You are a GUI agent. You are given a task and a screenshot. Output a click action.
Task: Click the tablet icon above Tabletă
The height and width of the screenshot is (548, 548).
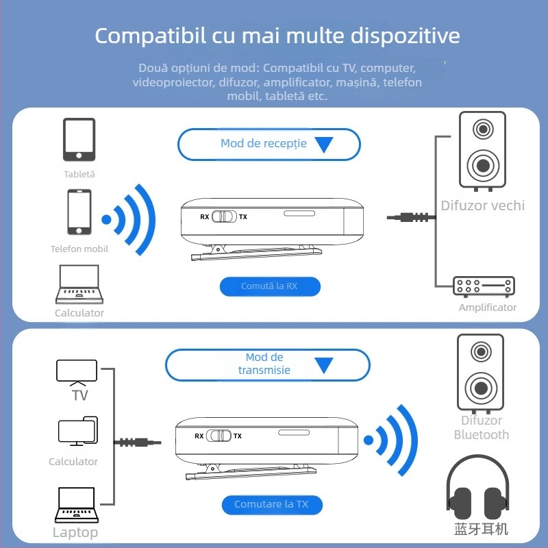[x=79, y=140]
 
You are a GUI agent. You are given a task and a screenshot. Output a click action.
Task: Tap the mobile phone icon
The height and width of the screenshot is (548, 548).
[x=79, y=212]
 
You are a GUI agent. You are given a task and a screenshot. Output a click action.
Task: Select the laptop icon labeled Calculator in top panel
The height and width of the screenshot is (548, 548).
[x=79, y=284]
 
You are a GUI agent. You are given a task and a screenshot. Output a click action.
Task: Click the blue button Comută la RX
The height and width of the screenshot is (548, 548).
[x=270, y=286]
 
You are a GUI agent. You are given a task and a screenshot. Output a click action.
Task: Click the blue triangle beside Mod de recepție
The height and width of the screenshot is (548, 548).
[x=323, y=145]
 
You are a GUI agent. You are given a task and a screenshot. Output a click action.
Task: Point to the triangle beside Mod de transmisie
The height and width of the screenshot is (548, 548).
[x=323, y=364]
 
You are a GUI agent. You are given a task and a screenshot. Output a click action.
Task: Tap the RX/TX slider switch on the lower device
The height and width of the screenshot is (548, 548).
[x=219, y=436]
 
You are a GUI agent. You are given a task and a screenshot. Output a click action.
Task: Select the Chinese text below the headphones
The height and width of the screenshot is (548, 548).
[x=481, y=529]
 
